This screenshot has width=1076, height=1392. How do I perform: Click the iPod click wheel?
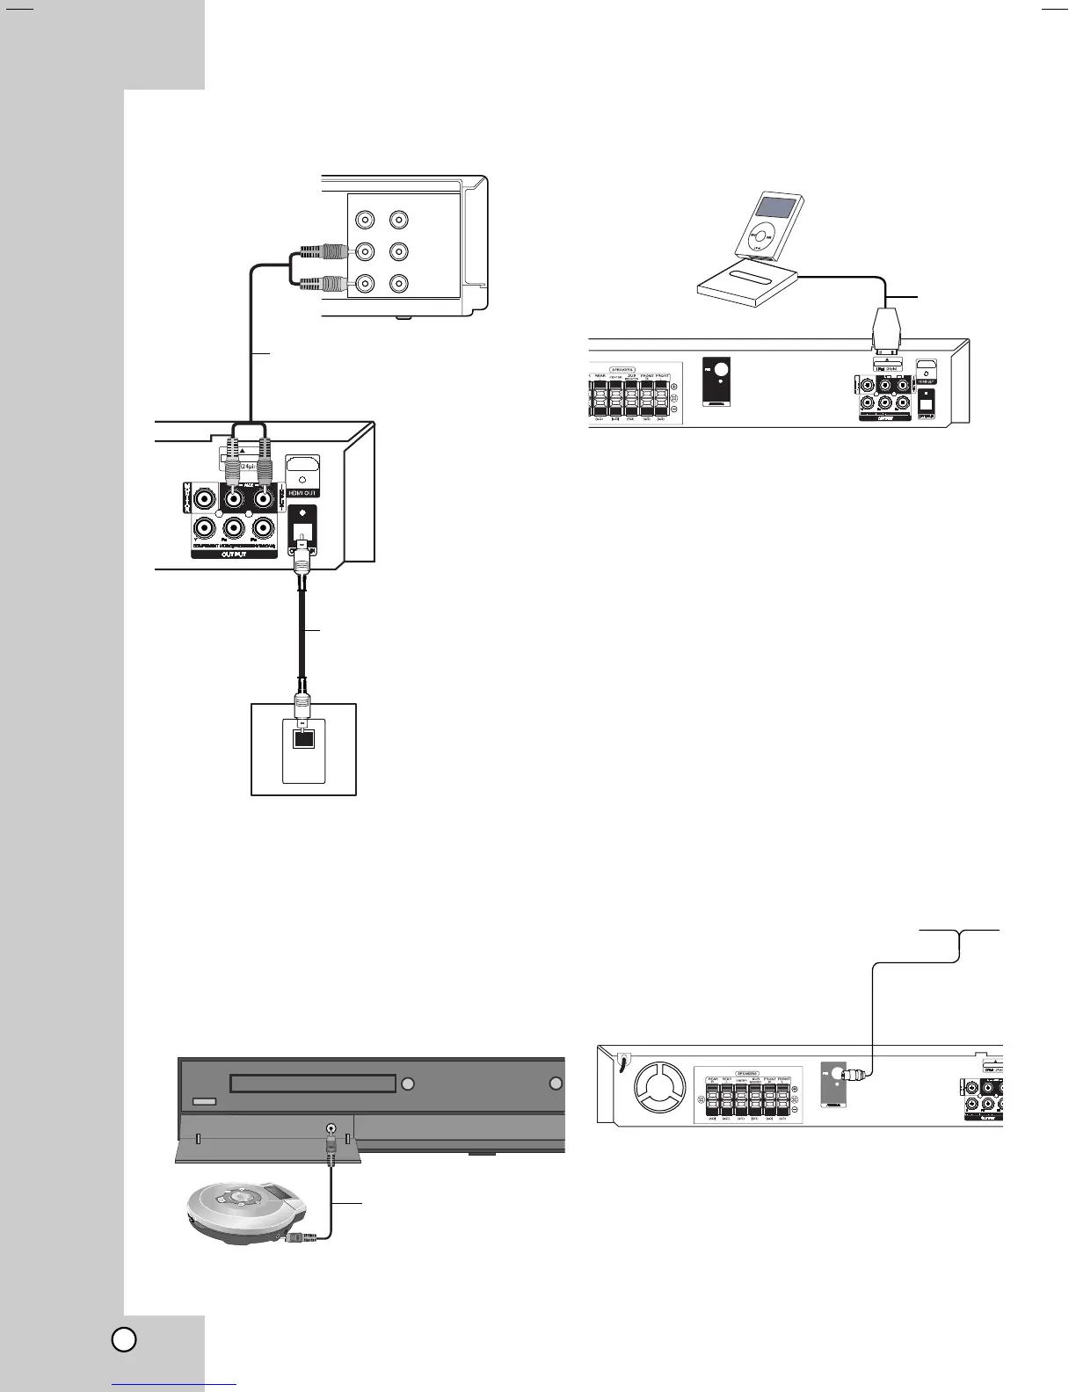coord(758,237)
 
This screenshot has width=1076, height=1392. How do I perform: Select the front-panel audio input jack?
coord(331,1130)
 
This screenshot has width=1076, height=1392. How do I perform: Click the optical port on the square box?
coord(302,739)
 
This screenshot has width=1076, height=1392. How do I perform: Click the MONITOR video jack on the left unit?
coord(205,499)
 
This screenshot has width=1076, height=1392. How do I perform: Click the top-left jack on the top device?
coord(362,220)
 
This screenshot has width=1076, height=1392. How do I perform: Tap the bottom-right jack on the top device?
coord(398,284)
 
